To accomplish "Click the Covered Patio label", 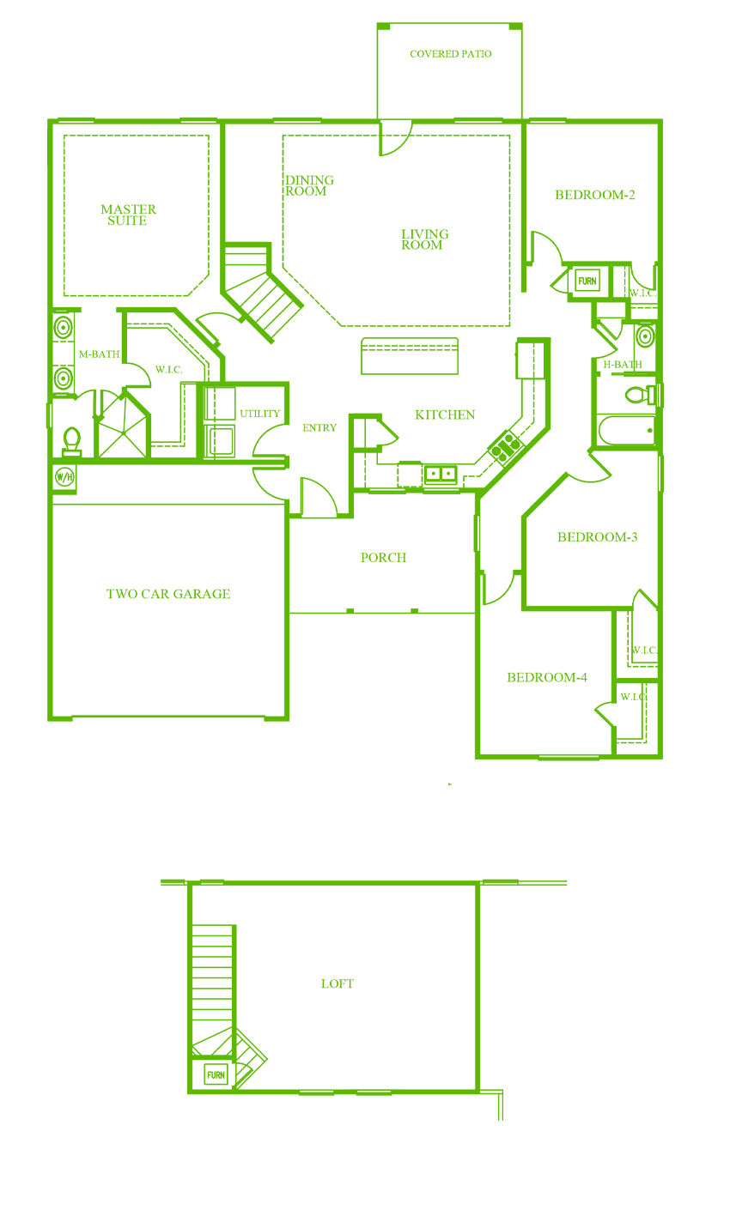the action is (450, 54).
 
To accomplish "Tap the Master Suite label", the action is (128, 215).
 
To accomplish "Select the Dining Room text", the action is (309, 185).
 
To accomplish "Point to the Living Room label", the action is (424, 239).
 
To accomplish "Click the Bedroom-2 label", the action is (595, 195).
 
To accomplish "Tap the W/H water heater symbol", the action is (64, 477).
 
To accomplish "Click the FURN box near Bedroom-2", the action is (587, 281).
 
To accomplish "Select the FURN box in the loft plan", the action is (216, 1075).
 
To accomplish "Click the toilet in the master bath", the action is (72, 441).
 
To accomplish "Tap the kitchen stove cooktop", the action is (506, 447).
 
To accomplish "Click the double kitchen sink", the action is (441, 475).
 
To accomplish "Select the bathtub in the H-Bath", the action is (627, 430).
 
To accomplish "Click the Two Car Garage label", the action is (168, 594).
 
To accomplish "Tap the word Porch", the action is (383, 558).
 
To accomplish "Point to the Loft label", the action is (338, 983).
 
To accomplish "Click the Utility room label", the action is (260, 414).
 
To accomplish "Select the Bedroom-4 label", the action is (547, 677).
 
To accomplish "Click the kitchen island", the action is (410, 356).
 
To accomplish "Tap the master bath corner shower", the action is (123, 427).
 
